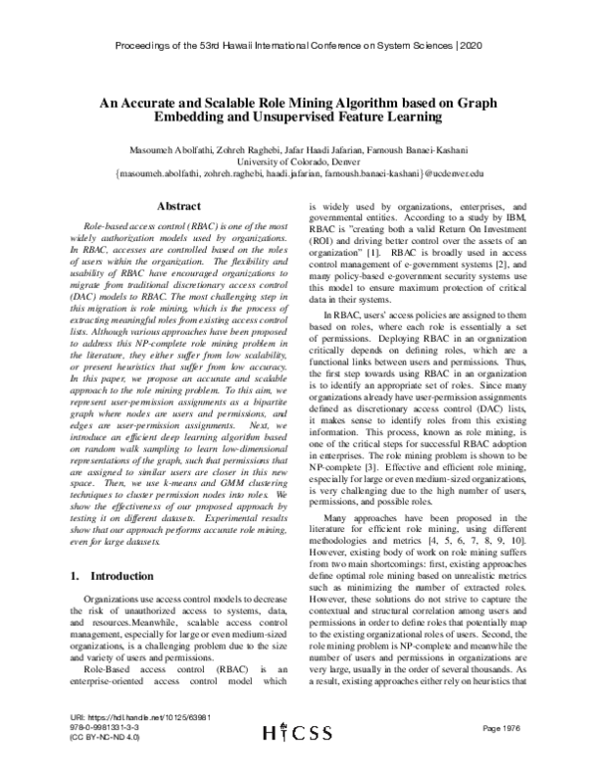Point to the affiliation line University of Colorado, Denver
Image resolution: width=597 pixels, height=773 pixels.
click(x=298, y=160)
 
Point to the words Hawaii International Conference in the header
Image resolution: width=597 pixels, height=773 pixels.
click(x=298, y=47)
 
